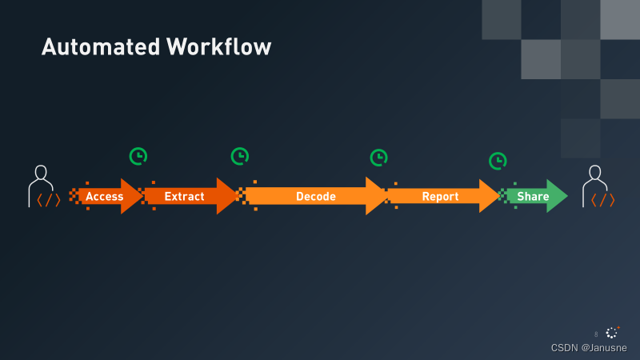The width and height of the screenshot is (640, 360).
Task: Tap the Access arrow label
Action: (105, 196)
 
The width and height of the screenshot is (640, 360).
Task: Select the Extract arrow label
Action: (185, 196)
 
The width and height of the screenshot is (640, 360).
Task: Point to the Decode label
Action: (316, 196)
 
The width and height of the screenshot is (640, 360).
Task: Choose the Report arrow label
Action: (441, 196)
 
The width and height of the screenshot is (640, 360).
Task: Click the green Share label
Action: (533, 196)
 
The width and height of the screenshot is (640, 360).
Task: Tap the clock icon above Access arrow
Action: (138, 156)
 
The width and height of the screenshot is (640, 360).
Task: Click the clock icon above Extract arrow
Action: (239, 156)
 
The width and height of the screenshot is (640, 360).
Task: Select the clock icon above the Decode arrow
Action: (378, 158)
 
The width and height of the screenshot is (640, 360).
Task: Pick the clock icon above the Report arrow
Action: (498, 161)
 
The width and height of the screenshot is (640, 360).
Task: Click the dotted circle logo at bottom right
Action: (613, 332)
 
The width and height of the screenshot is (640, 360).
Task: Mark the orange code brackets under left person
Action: (48, 200)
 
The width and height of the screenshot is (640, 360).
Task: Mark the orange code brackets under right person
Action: (602, 200)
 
